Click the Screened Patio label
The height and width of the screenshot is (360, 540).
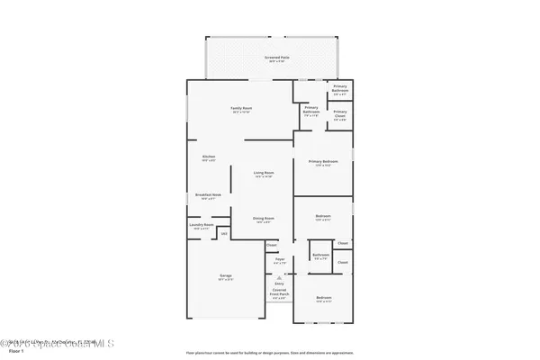pos(276,58)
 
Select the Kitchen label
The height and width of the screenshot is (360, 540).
pos(209,157)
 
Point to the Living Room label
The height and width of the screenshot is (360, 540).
pos(264,173)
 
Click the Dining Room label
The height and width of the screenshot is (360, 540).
pos(264,219)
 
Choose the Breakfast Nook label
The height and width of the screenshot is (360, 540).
pos(209,196)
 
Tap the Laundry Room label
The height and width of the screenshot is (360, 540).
pos(202,226)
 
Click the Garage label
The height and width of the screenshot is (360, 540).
pos(226,276)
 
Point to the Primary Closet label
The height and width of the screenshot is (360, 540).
pos(340,113)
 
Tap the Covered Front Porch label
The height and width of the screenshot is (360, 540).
pos(279,293)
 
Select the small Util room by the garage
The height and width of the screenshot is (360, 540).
pos(223,234)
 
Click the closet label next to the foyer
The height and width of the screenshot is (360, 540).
pos(271,245)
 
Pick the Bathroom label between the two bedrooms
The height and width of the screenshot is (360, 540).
pos(321,256)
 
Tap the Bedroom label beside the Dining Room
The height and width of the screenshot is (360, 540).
pos(323,217)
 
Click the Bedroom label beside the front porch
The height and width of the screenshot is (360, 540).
pos(323,299)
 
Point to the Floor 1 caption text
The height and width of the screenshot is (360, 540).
pos(12,351)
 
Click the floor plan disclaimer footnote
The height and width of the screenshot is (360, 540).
pos(270,351)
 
